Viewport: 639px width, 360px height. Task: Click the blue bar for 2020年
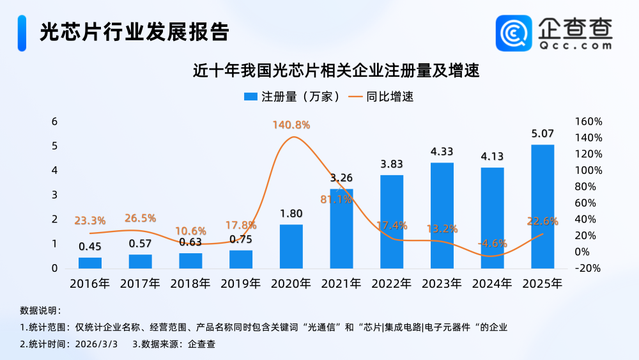click(x=291, y=246)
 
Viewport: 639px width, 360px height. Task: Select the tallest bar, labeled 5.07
click(x=543, y=206)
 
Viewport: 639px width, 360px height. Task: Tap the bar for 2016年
click(x=90, y=263)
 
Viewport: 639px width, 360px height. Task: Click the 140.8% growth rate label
click(x=291, y=125)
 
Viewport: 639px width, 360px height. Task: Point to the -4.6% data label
click(x=492, y=243)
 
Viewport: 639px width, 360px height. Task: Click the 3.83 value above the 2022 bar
click(x=392, y=164)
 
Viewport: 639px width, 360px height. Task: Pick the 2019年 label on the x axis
click(x=241, y=283)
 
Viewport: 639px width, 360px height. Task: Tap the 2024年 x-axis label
click(x=492, y=283)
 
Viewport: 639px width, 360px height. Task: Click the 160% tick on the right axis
click(x=589, y=121)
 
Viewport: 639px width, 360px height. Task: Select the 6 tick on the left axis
click(x=54, y=121)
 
